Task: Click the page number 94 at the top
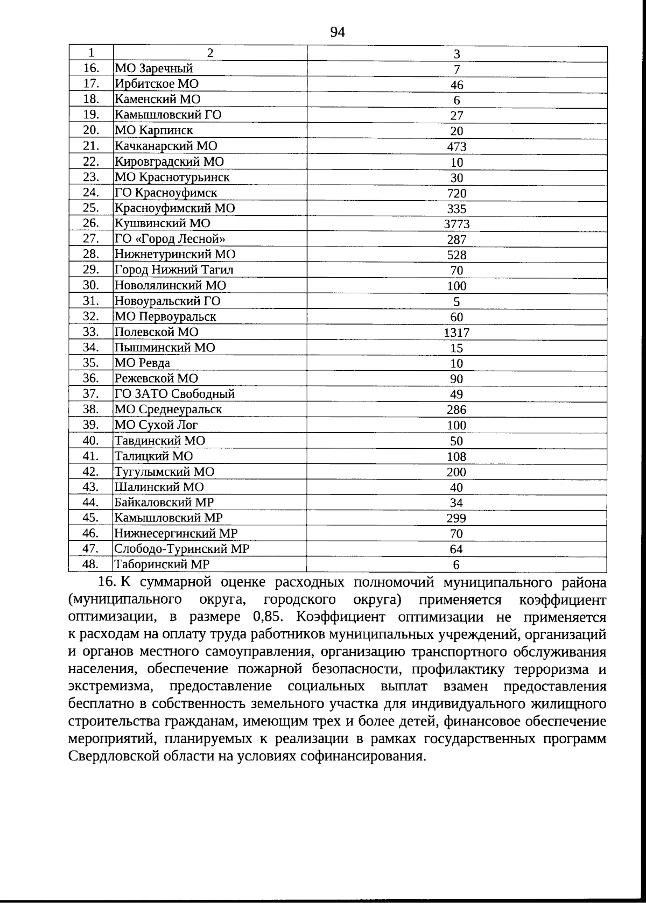pos(337,32)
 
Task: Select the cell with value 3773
pos(457,224)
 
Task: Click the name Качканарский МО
pos(166,146)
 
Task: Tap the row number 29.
pos(91,270)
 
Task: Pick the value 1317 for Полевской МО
pos(457,333)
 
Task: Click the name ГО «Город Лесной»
pos(170,239)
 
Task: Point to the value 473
pos(457,147)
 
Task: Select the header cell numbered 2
pos(210,53)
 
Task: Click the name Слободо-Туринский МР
pos(182,549)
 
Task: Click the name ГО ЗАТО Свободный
pos(174,394)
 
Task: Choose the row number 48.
pos(91,565)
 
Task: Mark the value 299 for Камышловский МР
pos(457,519)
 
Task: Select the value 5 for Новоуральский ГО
pos(457,302)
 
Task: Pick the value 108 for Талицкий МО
pos(457,457)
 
